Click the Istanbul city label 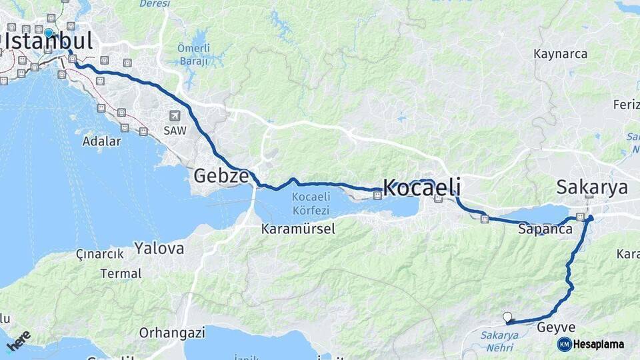point(48,41)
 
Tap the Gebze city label point(221,176)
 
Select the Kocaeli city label point(421,189)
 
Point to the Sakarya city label point(592,187)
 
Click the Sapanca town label point(545,229)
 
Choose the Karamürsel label point(298,229)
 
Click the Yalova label point(159,249)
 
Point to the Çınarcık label point(100,254)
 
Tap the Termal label point(121,273)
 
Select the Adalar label point(101,141)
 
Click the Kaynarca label point(561,54)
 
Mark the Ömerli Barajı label point(193,55)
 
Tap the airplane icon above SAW point(175,115)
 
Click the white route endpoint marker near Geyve point(508,318)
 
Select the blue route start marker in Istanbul point(49,33)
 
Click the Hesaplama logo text point(599,344)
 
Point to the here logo point(19,341)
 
